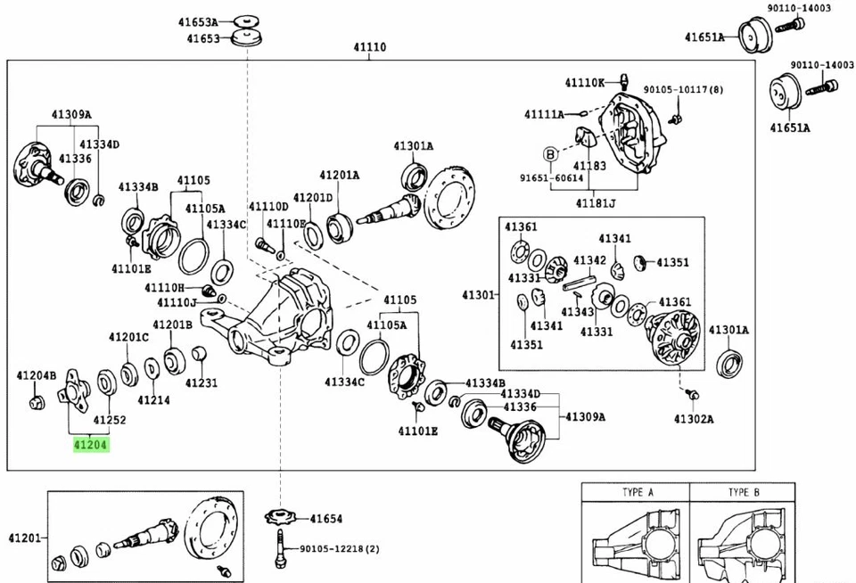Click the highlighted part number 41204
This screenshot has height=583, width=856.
(x=89, y=443)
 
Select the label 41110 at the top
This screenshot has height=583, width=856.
(x=368, y=46)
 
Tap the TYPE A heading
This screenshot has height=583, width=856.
(x=638, y=492)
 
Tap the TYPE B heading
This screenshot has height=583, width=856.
(x=744, y=492)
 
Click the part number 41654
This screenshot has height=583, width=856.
(x=326, y=519)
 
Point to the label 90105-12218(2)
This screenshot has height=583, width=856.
(x=339, y=549)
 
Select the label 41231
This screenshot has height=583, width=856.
(x=202, y=382)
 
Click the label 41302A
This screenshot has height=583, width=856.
(x=694, y=418)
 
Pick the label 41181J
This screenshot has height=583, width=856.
(x=595, y=203)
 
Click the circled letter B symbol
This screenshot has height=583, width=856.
(x=550, y=153)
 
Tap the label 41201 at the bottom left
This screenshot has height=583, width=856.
(x=25, y=538)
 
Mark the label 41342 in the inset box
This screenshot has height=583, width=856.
(x=589, y=260)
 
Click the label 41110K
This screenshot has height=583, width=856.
(x=584, y=83)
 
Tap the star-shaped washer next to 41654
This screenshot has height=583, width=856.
(x=279, y=517)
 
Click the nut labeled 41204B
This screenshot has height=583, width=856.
(x=36, y=404)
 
